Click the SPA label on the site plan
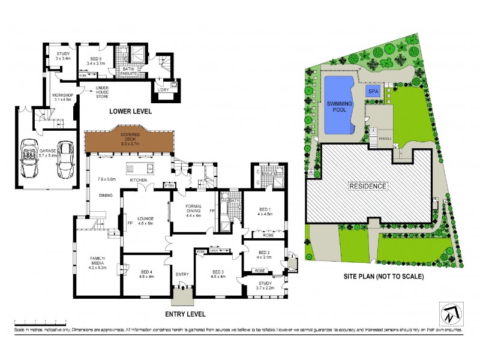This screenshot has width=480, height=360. pos(373,91)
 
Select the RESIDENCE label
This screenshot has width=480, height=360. pos(368,186)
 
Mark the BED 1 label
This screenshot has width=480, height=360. pos(265,210)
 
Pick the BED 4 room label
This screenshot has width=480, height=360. pos(146,274)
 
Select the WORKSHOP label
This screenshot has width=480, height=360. pos(62,97)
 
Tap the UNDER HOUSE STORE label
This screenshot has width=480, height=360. pos(106,92)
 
